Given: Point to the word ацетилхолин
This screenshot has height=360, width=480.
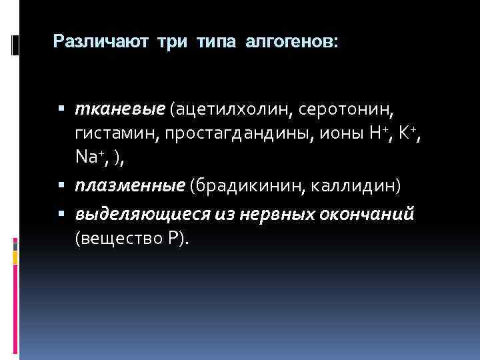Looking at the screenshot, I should [x=234, y=108].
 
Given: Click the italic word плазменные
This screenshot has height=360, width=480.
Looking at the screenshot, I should [x=129, y=185].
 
